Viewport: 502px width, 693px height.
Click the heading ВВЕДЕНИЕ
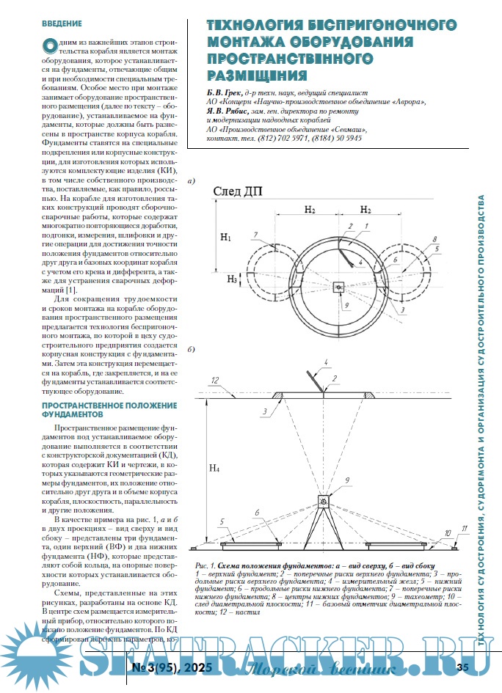click(x=62, y=23)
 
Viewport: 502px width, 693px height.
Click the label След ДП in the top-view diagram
click(x=237, y=192)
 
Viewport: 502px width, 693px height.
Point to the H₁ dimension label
click(x=226, y=238)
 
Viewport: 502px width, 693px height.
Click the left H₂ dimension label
click(x=309, y=210)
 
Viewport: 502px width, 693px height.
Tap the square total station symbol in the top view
click(x=338, y=287)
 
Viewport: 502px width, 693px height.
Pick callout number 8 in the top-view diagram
click(x=434, y=239)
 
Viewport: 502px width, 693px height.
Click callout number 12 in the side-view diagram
click(x=214, y=381)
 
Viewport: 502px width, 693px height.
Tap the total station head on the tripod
click(x=323, y=500)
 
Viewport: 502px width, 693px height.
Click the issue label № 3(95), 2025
click(x=172, y=668)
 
